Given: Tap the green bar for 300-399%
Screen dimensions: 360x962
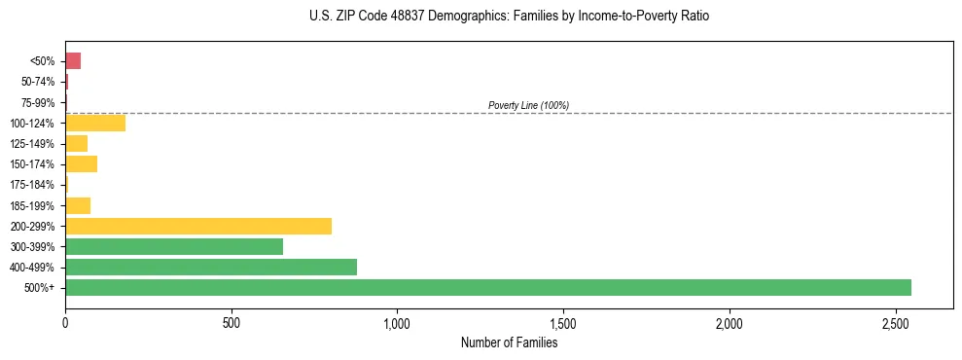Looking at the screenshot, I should (174, 246).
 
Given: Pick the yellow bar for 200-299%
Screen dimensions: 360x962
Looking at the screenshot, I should (198, 226).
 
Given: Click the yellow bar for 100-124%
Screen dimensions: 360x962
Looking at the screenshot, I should (95, 123).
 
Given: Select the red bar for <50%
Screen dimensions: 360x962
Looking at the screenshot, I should (73, 61).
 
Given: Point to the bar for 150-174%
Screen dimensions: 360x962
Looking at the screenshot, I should (82, 163).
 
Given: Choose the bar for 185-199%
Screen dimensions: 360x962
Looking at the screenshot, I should (78, 205).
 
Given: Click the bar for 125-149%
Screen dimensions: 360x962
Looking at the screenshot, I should (77, 143).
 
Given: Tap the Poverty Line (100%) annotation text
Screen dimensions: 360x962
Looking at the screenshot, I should (528, 105).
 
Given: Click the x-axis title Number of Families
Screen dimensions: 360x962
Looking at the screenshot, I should (509, 342).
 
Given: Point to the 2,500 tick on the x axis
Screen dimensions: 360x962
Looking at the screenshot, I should (895, 322).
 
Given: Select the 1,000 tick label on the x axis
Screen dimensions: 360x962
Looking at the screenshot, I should (397, 322).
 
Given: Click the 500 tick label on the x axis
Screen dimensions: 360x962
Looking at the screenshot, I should (232, 322).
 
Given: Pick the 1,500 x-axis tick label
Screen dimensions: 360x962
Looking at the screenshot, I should (563, 322).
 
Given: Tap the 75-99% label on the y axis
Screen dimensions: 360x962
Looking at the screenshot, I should (39, 102).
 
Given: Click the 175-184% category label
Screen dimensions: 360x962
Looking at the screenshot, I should (34, 185).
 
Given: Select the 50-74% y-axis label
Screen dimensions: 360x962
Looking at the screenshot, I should (39, 82).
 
